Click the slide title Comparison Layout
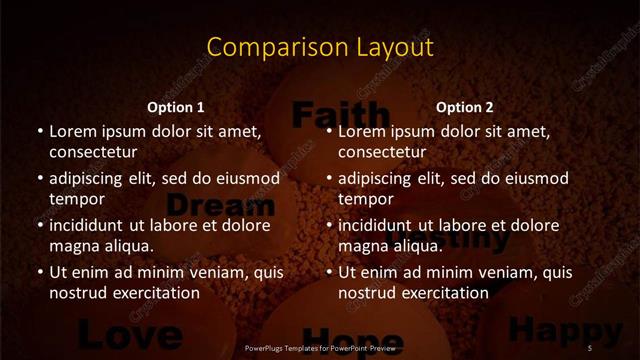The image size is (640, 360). (320, 47)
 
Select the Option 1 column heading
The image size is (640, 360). (176, 107)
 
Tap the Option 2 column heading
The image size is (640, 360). (465, 107)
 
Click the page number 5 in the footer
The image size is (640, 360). (590, 347)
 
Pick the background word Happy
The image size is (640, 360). (552, 328)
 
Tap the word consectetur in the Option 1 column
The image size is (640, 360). (93, 152)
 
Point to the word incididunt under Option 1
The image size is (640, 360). (88, 225)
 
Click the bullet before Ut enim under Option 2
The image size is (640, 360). (330, 273)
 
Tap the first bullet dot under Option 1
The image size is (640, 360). (40, 132)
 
